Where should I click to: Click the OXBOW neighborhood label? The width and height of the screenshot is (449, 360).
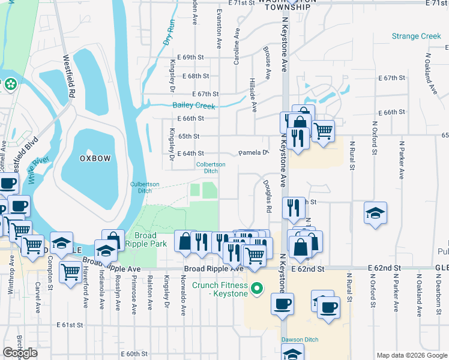point(95,158)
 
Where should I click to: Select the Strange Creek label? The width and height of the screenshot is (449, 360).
point(416,37)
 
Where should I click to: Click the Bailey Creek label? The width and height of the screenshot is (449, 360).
point(193,106)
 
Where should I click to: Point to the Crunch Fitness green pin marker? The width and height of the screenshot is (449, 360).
point(258,289)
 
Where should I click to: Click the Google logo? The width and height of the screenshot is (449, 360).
point(20,353)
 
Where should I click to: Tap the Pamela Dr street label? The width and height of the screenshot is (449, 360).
point(255,153)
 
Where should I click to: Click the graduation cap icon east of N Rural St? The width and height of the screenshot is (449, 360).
point(375,213)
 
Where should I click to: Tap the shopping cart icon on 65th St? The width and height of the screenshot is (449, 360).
point(323,130)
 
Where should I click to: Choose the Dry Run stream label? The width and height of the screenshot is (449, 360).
point(169,33)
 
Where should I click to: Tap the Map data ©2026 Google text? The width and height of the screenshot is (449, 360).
point(411,355)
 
